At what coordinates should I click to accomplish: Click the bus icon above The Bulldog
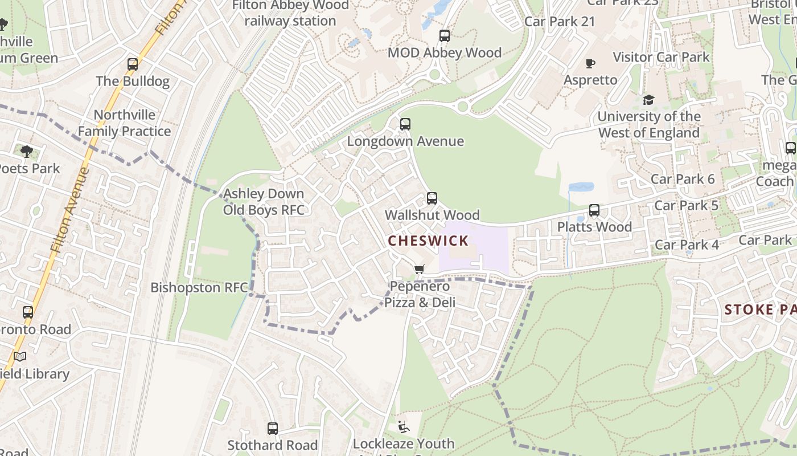tap(133, 64)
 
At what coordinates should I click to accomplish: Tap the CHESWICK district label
tap(428, 241)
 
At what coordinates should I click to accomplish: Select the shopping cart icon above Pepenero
tap(420, 269)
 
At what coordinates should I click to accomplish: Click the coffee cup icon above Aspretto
tap(590, 63)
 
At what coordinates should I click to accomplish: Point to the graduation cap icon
tap(648, 100)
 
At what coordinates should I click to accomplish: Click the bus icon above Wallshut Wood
tap(432, 198)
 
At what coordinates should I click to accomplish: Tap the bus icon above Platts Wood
tap(594, 210)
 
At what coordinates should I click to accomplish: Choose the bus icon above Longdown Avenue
tap(405, 124)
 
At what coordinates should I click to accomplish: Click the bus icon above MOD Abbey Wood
tap(445, 36)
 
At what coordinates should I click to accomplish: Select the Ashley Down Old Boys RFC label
tap(264, 202)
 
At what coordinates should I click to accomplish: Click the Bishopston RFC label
tap(199, 287)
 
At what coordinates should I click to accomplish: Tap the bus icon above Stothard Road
tap(273, 429)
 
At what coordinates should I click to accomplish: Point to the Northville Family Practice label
tap(124, 123)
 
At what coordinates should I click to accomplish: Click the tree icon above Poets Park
tap(27, 152)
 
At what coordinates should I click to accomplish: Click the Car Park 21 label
tap(559, 22)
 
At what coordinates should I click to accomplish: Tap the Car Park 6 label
tap(682, 179)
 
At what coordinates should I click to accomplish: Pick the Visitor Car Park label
tap(661, 57)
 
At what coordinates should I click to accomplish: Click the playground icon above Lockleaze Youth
tap(404, 426)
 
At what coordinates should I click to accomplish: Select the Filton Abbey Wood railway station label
tap(290, 13)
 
